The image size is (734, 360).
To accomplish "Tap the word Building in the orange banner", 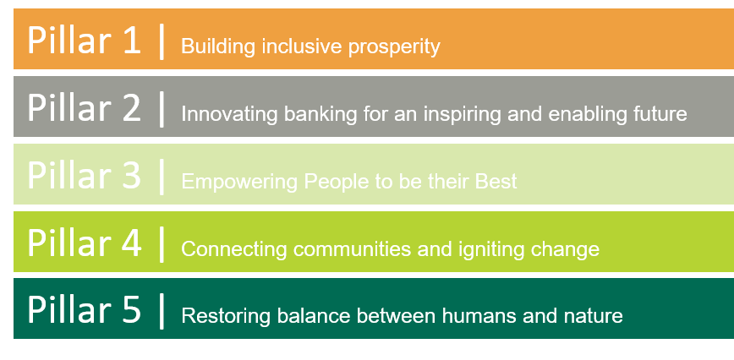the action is pos(218,46).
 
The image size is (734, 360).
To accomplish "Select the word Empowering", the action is pos(239,182).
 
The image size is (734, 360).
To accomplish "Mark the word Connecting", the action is pos(233,249).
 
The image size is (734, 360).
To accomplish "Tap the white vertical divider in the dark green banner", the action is pos(162,311).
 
